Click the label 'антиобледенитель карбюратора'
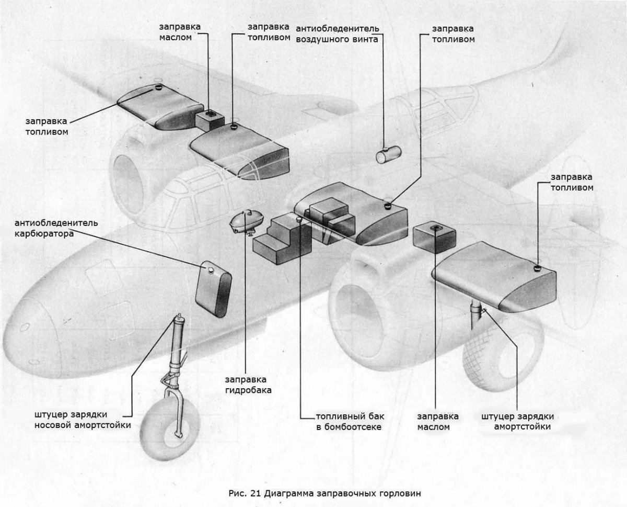(x=56, y=228)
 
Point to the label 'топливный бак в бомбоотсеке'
(x=349, y=422)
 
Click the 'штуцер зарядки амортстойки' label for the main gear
(x=517, y=422)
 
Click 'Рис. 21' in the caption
(x=245, y=493)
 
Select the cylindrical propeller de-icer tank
(x=389, y=155)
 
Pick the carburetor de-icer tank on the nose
(x=213, y=289)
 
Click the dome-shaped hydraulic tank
(x=245, y=222)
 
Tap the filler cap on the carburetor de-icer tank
(x=210, y=269)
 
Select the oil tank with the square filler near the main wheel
(x=434, y=238)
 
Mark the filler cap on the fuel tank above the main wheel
(x=536, y=268)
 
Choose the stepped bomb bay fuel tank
(x=282, y=241)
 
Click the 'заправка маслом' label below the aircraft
(x=438, y=422)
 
